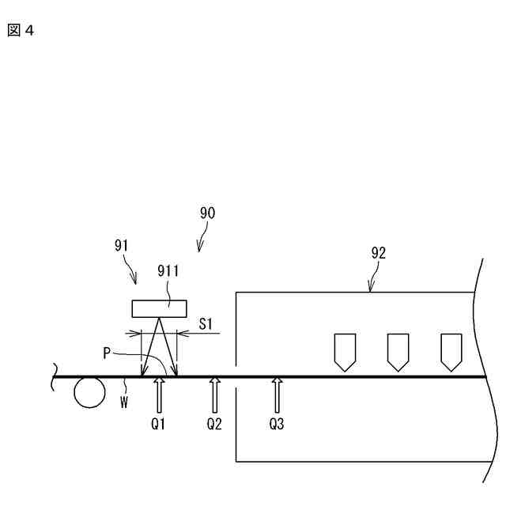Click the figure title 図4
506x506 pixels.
coord(22,32)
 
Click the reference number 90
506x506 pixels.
coord(207,213)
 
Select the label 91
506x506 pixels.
coord(122,245)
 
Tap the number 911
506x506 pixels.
coord(168,270)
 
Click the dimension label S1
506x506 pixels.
coord(206,323)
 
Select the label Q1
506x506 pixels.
coord(160,424)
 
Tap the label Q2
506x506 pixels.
coord(214,424)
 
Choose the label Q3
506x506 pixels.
coord(276,424)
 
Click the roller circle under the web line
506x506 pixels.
coord(89,392)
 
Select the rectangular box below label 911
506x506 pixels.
coord(160,308)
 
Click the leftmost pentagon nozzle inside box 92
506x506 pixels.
coord(345,351)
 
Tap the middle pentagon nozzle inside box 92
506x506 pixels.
coord(398,351)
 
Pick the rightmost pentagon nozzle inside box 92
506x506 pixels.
coord(451,351)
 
